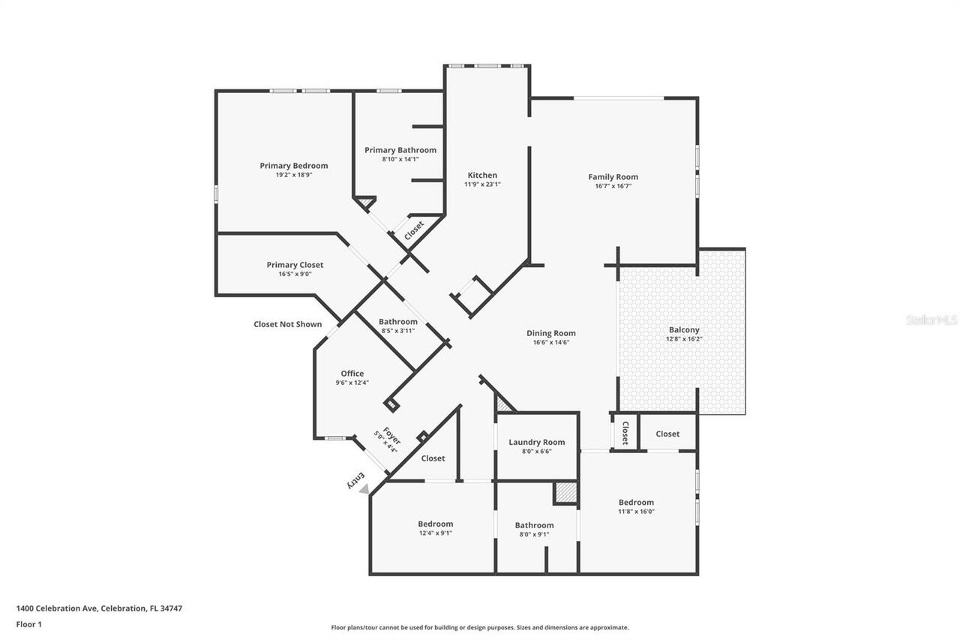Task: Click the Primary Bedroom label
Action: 293,166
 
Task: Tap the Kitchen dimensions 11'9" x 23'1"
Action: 482,185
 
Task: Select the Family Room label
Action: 613,177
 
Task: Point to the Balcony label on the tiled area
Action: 683,329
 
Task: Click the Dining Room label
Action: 550,333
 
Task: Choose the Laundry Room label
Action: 536,442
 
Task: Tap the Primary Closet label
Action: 295,265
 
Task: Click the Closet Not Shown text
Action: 287,324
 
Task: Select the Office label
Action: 352,374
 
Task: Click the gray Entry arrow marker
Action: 364,488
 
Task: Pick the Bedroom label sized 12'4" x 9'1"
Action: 435,524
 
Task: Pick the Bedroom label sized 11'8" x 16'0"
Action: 636,503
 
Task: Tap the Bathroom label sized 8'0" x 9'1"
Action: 534,525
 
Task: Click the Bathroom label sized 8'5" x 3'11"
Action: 397,322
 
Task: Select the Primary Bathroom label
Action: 400,150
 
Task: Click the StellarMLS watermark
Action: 931,320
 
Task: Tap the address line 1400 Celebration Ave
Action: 99,608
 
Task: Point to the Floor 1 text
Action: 28,623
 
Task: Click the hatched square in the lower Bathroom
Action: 565,493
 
